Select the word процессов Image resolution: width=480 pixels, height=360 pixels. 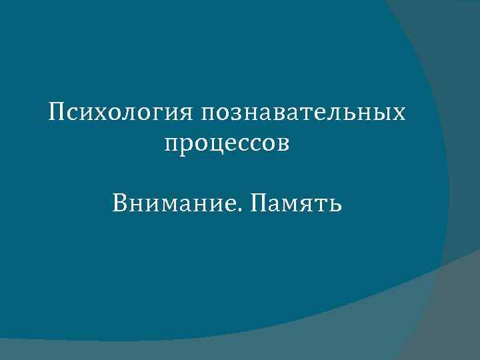pos(227,143)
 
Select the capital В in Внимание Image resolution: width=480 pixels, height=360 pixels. pos(121,202)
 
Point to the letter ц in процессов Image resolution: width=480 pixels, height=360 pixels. pos(212,145)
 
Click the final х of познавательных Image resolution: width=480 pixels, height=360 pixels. pos(398,113)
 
